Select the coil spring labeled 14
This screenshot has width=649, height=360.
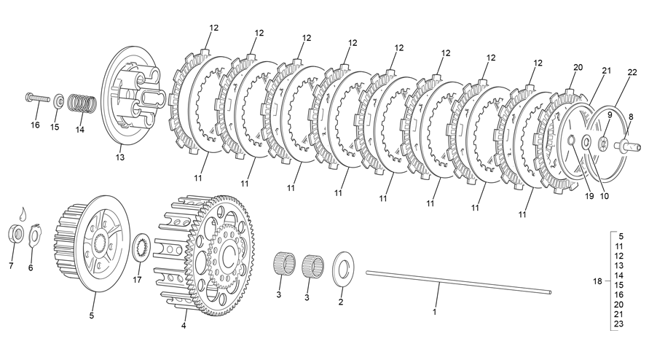click(81, 103)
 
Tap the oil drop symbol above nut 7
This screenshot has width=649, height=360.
click(23, 213)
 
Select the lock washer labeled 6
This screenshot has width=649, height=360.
click(34, 236)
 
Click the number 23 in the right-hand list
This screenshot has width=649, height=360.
click(618, 324)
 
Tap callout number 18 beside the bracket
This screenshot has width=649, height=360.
click(597, 280)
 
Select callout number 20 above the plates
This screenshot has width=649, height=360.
click(578, 67)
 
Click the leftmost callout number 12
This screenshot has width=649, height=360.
click(213, 28)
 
